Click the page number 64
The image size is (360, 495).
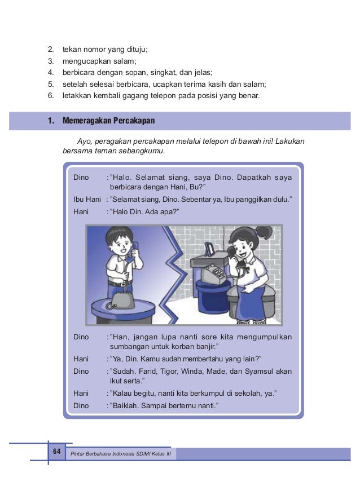(x=56, y=452)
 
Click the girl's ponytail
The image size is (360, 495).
(x=264, y=232)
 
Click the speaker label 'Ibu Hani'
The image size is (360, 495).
(x=87, y=199)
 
